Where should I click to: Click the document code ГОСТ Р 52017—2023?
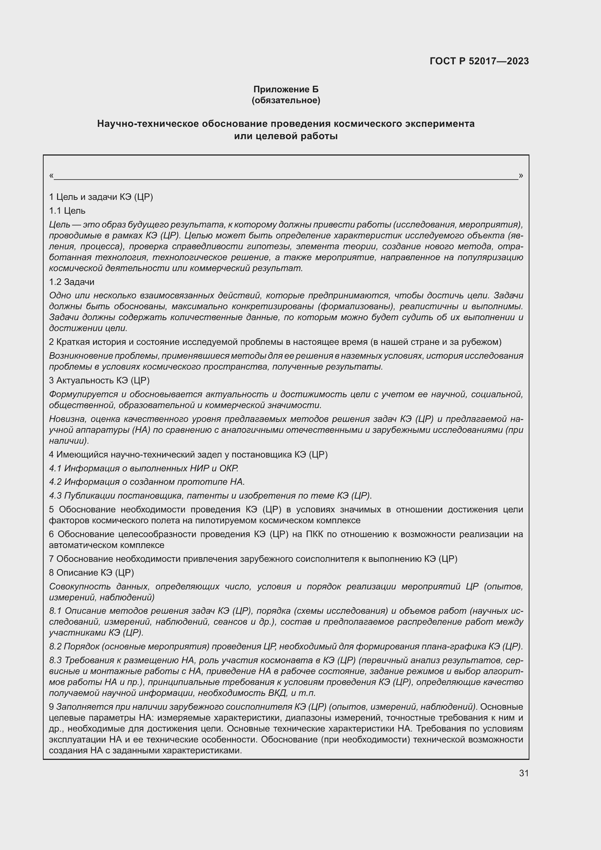(x=479, y=61)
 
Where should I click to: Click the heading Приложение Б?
(x=286, y=89)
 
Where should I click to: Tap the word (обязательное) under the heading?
(x=286, y=100)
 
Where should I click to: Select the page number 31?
(x=524, y=773)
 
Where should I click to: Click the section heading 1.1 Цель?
(x=67, y=211)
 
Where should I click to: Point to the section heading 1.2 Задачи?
(x=72, y=282)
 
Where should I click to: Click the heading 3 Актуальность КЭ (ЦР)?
(x=99, y=380)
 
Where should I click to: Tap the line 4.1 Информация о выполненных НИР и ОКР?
(x=144, y=468)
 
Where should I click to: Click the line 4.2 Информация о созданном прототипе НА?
(x=147, y=482)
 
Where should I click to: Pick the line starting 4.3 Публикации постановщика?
(x=210, y=495)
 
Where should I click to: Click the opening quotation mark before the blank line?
(x=51, y=176)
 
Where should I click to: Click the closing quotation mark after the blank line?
(x=521, y=176)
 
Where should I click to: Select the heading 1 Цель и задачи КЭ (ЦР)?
(x=101, y=197)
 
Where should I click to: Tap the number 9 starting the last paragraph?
(x=52, y=707)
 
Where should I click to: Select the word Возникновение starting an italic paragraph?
(x=81, y=356)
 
